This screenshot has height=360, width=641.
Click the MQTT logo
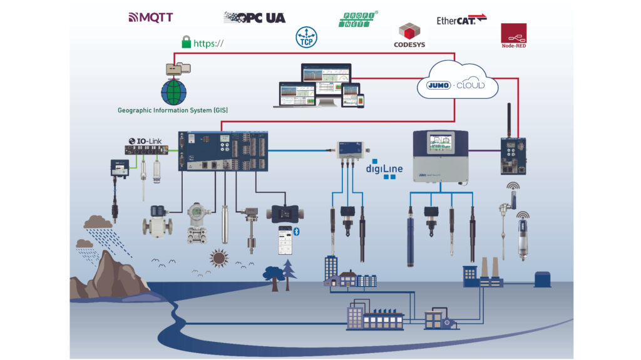point(150,17)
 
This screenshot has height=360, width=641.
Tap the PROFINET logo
point(359,19)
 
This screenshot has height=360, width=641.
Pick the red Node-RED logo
point(513,36)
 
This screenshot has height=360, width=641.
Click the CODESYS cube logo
point(409,35)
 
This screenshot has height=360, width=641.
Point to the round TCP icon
point(305,37)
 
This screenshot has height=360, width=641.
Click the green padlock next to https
point(186,43)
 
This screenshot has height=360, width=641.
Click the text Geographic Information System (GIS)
point(173,111)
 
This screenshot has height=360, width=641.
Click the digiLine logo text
point(384,168)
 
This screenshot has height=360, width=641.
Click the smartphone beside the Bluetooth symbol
point(285,239)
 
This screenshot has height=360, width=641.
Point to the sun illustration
point(218,257)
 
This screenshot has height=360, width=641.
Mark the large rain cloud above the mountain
point(98,222)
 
